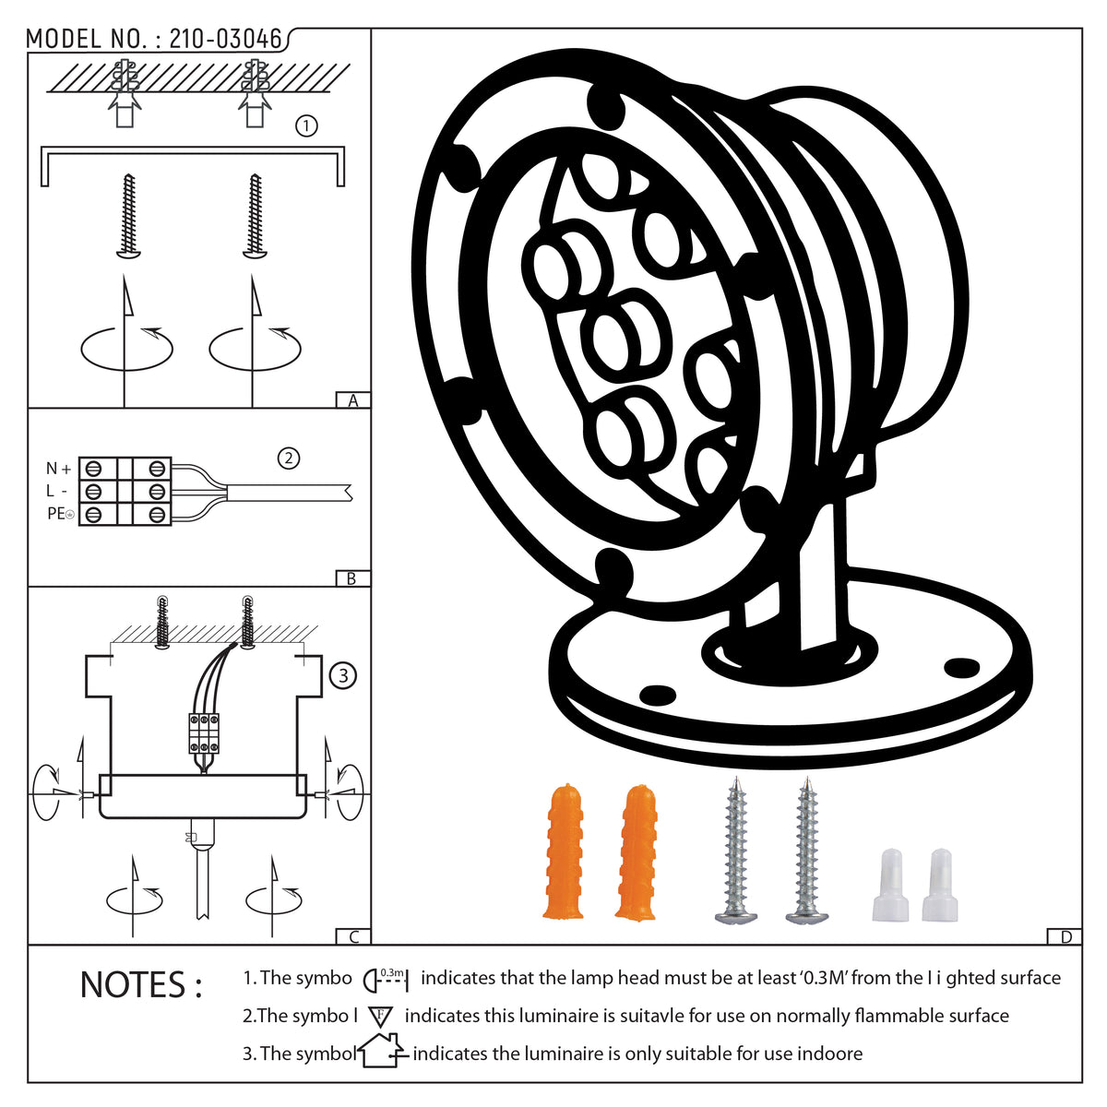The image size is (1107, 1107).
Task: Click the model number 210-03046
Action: [x=226, y=39]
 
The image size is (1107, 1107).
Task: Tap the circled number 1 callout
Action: [x=306, y=125]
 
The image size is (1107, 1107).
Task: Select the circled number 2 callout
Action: [x=289, y=458]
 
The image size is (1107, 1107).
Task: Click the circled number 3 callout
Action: [x=343, y=675]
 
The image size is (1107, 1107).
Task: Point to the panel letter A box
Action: [x=352, y=400]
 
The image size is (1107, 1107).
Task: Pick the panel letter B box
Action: [x=352, y=578]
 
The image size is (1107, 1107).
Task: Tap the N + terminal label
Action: [x=59, y=469]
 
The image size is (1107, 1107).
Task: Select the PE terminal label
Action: [x=60, y=514]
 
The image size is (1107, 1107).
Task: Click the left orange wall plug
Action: [x=565, y=851]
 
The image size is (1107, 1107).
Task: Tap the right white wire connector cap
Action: [x=939, y=885]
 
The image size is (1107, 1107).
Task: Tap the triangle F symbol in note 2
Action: [x=380, y=1017]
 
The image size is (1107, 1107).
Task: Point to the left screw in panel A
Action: [x=128, y=216]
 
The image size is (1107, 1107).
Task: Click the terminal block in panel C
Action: [x=204, y=733]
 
